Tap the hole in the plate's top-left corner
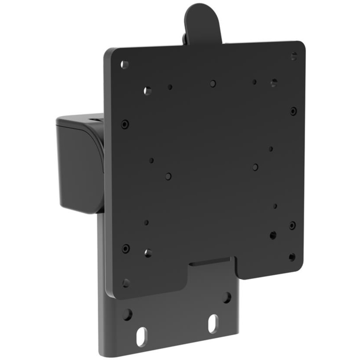pyautogui.click(x=125, y=64)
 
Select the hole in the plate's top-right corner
pyautogui.click(x=294, y=56)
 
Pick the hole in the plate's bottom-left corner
pyautogui.click(x=126, y=283)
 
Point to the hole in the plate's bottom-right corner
pyautogui.click(x=292, y=257)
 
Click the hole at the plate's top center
pyautogui.click(x=213, y=83)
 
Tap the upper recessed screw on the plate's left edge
pyautogui.click(x=125, y=124)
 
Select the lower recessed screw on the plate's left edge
pyautogui.click(x=126, y=249)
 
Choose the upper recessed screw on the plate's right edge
pyautogui.click(x=293, y=111)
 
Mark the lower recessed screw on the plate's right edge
pyautogui.click(x=292, y=225)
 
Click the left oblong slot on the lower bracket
pyautogui.click(x=141, y=338)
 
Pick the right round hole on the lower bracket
pyautogui.click(x=227, y=298)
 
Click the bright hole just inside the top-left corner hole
pyautogui.click(x=148, y=91)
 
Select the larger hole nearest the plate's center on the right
pyautogui.click(x=255, y=167)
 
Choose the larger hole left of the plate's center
pyautogui.click(x=168, y=177)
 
